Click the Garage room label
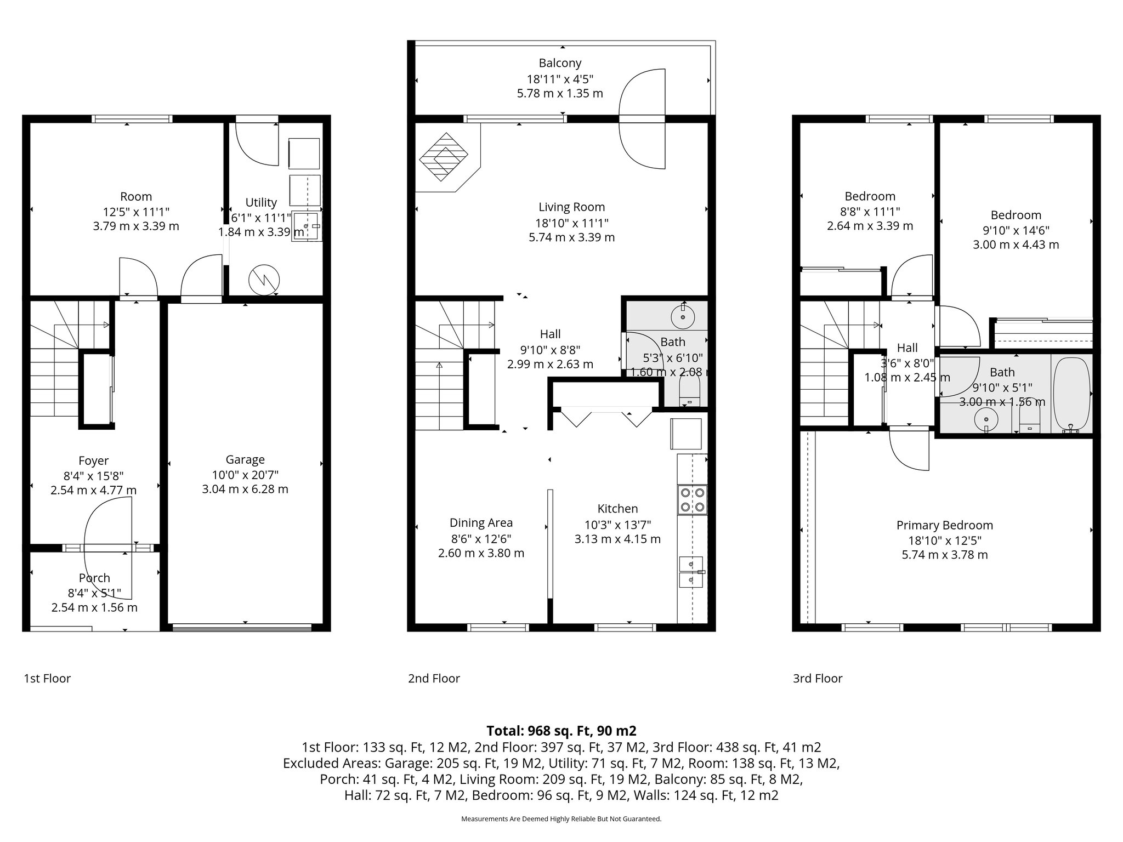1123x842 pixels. (245, 459)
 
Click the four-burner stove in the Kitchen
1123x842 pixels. (692, 499)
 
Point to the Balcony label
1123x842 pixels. (560, 63)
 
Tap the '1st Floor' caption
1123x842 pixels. (47, 678)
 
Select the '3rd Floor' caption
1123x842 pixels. (817, 678)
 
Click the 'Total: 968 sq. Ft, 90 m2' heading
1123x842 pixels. (561, 731)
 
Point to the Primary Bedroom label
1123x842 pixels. (944, 525)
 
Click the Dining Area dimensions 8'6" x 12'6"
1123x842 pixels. (481, 538)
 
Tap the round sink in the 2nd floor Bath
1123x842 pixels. (683, 316)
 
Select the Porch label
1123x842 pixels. (94, 578)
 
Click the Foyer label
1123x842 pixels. (93, 461)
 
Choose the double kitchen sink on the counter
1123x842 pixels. (691, 571)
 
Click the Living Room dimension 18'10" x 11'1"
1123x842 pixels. (571, 223)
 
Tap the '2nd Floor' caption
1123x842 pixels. (433, 678)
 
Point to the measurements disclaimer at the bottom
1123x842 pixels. (561, 819)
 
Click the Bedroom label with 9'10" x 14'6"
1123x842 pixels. (1016, 215)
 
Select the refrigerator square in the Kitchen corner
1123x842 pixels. (686, 434)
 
